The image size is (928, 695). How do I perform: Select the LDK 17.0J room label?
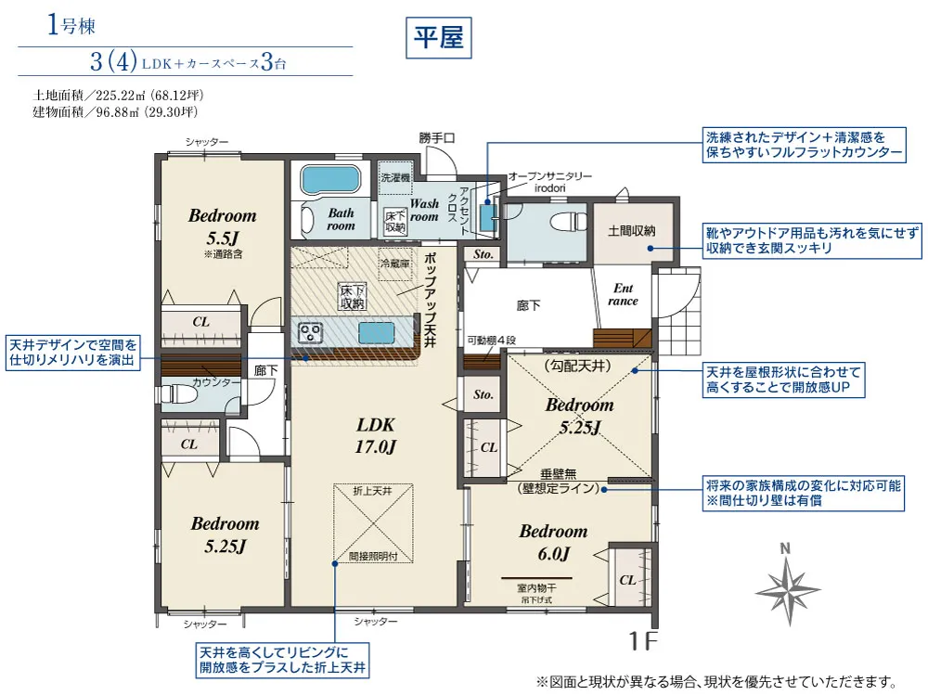[377, 435]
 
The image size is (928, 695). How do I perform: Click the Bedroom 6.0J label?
[553, 543]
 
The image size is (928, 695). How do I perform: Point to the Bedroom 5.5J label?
[222, 225]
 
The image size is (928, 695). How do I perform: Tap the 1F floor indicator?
[642, 641]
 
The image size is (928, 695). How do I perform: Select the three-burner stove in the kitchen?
[309, 331]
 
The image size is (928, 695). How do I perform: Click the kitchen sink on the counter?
[376, 331]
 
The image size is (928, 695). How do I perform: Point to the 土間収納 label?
[632, 229]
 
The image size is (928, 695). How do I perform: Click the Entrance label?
[623, 294]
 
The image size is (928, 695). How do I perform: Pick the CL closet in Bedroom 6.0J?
[627, 579]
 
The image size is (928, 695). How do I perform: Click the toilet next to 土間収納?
[562, 224]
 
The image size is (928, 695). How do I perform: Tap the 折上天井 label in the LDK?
[371, 489]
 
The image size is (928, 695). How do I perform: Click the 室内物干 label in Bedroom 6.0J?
[537, 587]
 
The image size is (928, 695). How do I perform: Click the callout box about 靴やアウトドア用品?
[803, 240]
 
